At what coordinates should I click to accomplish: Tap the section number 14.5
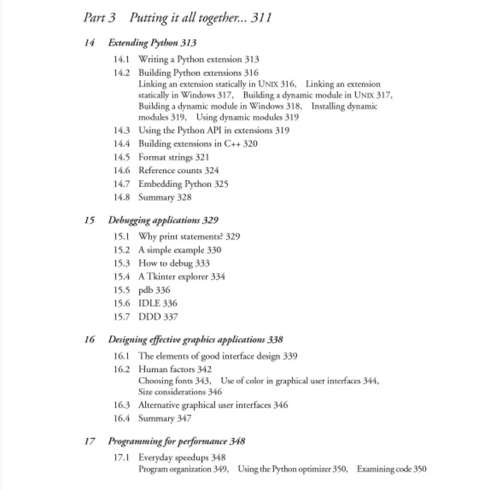[121, 157]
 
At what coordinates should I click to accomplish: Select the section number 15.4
[121, 276]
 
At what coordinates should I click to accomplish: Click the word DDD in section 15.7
[149, 317]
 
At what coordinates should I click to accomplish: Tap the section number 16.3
[121, 405]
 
